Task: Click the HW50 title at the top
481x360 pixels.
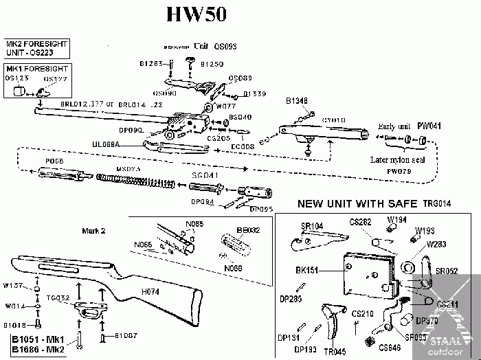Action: [197, 14]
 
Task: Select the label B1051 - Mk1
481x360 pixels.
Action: [36, 339]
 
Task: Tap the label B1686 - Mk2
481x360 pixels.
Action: [36, 349]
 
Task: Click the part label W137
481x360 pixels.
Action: [14, 284]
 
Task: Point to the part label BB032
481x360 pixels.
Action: [248, 231]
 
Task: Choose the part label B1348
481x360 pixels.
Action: [296, 101]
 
